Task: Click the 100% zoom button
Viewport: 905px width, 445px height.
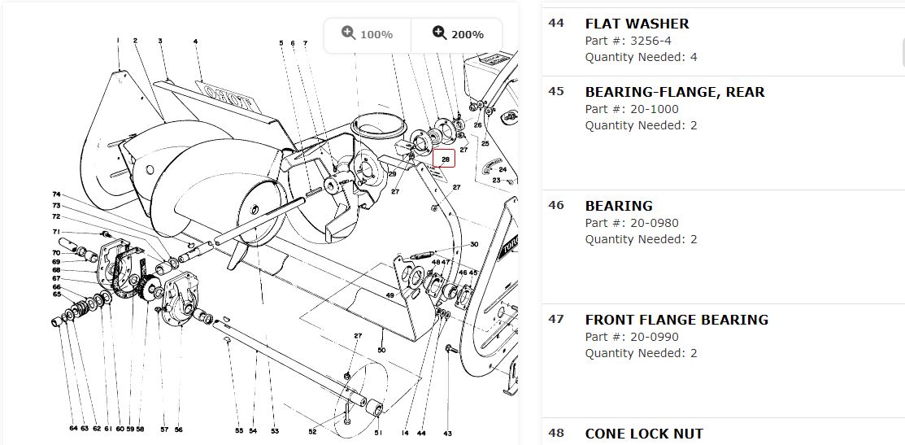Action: pyautogui.click(x=368, y=34)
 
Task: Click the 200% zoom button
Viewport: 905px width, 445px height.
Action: pyautogui.click(x=458, y=34)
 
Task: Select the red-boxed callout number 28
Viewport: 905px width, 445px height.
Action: pyautogui.click(x=445, y=159)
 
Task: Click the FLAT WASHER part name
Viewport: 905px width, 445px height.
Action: pyautogui.click(x=637, y=24)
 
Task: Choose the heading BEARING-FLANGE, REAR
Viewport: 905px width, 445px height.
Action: pyautogui.click(x=674, y=92)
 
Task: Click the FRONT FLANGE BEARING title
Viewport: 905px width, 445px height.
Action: pyautogui.click(x=676, y=320)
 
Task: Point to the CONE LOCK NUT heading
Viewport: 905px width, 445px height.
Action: pyautogui.click(x=644, y=434)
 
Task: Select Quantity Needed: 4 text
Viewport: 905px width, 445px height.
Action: pyautogui.click(x=641, y=57)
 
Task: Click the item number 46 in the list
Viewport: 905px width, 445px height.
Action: pyautogui.click(x=556, y=205)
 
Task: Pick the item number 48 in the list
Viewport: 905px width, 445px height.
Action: pyautogui.click(x=556, y=433)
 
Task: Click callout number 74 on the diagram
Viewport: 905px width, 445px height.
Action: pyautogui.click(x=56, y=194)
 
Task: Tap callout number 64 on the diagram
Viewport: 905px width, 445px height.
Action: pyautogui.click(x=73, y=428)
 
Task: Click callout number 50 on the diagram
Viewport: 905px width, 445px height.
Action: pyautogui.click(x=381, y=350)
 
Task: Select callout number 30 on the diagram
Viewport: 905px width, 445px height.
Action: pyautogui.click(x=474, y=245)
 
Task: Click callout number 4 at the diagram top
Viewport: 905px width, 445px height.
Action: pyautogui.click(x=196, y=41)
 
